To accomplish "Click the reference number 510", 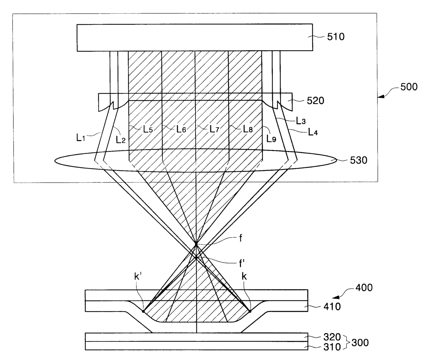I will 336,37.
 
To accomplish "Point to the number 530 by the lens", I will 358,160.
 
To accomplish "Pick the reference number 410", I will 332,307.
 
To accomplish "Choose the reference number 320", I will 332,337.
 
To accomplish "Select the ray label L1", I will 81,138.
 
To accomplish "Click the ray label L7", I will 214,129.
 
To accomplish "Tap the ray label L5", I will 148,129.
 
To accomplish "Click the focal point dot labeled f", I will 196,244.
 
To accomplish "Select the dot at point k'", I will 143,311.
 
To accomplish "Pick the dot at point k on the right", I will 250,311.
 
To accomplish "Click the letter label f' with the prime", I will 242,264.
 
